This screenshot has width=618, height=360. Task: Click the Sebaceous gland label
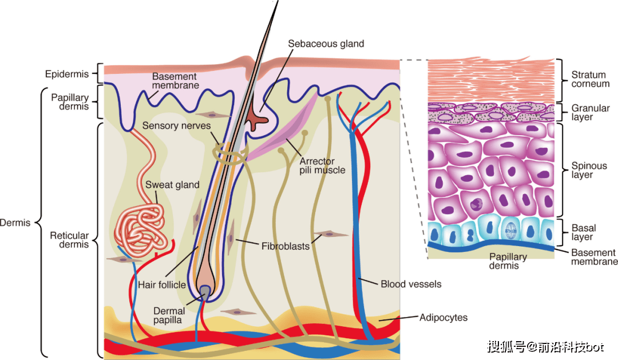tap(326, 43)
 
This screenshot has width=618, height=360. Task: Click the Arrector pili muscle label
tap(322, 165)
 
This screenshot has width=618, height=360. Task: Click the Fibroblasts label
tap(286, 247)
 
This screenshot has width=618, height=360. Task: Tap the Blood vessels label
tap(411, 284)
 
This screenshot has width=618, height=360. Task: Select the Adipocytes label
tap(443, 318)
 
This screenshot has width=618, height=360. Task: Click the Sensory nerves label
tap(176, 126)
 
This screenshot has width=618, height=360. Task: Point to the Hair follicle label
tap(161, 284)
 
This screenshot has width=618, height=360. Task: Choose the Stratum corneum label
tap(591, 79)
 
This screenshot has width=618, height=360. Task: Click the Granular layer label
tap(591, 112)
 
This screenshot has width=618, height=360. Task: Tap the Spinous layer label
tap(589, 170)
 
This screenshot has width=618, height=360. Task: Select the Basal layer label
tap(584, 232)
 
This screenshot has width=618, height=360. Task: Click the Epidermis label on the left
tap(66, 74)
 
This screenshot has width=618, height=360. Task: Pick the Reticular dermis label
tap(69, 240)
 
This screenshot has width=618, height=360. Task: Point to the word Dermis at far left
tap(15, 223)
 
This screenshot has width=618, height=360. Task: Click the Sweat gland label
tap(172, 185)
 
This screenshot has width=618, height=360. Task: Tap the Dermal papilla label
tap(169, 315)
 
